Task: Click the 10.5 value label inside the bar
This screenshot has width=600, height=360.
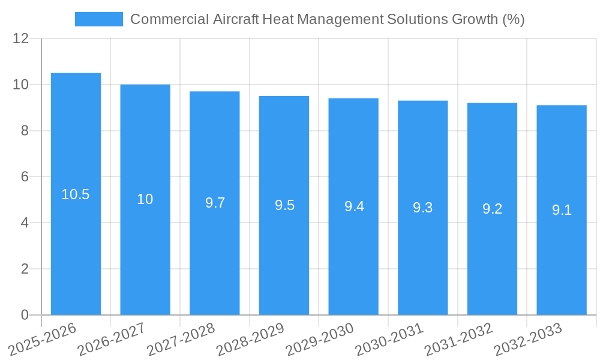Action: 76,194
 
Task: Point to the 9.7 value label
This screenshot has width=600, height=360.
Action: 215,203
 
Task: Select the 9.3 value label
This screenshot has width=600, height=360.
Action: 423,208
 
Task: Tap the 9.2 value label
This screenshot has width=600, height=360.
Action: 492,209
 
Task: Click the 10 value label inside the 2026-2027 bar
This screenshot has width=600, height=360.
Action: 145,199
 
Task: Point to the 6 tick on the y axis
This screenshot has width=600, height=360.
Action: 25,177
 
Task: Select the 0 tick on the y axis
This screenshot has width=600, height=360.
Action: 25,315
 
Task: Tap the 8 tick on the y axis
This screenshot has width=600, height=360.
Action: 25,131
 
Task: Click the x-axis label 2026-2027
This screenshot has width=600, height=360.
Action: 112,339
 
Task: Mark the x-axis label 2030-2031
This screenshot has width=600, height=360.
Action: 389,339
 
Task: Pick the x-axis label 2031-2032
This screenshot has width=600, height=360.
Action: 458,339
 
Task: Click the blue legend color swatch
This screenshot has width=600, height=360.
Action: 99,19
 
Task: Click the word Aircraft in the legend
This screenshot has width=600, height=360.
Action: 236,19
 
